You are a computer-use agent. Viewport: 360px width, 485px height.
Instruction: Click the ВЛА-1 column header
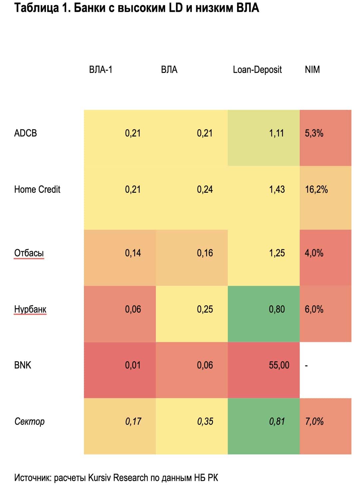tap(101, 70)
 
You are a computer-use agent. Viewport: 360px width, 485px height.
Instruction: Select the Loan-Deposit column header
tap(257, 70)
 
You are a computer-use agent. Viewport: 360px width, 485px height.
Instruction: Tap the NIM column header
tap(312, 70)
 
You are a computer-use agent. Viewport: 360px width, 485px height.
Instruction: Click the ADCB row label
tap(25, 133)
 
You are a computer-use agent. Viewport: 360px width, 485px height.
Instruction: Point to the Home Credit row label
tap(37, 189)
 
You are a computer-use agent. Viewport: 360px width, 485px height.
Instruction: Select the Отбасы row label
tap(29, 253)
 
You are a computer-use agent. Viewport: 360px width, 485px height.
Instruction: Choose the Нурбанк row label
tap(30, 309)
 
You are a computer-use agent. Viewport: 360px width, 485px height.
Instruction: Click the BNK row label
tap(23, 365)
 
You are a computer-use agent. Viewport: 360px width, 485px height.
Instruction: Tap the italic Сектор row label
tap(29, 421)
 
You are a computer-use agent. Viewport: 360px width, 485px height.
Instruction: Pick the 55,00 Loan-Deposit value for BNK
tap(279, 365)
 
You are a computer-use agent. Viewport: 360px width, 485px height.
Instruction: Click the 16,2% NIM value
tap(316, 189)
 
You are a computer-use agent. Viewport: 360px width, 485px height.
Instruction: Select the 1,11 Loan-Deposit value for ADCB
tap(276, 133)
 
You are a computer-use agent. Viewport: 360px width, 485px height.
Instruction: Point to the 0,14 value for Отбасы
tap(133, 253)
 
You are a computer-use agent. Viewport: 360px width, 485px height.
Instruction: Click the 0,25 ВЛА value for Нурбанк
tap(205, 309)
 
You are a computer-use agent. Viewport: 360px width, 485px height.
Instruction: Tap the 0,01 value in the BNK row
tap(133, 365)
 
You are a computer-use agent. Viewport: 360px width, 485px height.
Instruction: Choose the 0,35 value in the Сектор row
tap(205, 421)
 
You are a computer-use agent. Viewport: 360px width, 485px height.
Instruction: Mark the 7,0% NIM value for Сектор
tap(314, 421)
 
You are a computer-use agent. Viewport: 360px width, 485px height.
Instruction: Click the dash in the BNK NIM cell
tap(306, 366)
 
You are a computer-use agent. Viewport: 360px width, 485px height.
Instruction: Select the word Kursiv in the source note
tap(100, 478)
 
